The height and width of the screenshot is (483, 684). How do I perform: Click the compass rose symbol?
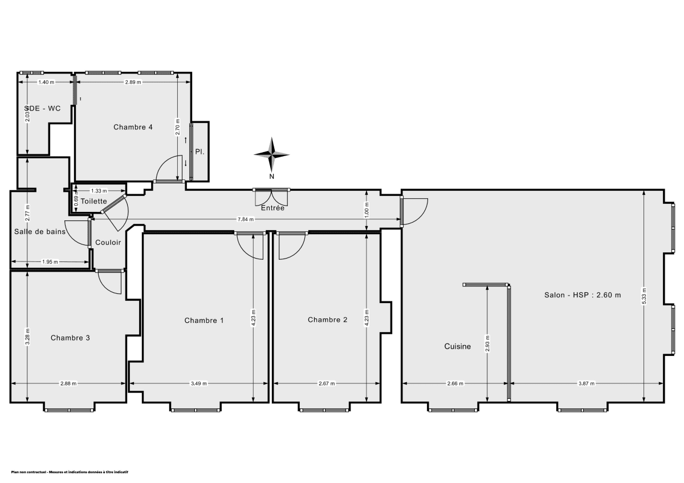(x=272, y=154)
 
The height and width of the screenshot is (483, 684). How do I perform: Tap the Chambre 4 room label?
(x=133, y=127)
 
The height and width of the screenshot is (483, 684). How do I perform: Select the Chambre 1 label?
(x=204, y=321)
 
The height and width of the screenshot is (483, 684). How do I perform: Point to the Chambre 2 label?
(x=327, y=320)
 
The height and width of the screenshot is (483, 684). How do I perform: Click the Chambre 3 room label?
(x=70, y=338)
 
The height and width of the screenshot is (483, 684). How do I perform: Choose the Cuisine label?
(x=458, y=346)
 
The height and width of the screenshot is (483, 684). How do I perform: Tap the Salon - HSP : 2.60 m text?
(x=581, y=295)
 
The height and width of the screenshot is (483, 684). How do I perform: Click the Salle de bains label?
(x=40, y=231)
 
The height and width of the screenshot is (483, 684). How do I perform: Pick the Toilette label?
(x=93, y=201)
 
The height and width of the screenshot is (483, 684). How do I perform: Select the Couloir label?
(x=108, y=242)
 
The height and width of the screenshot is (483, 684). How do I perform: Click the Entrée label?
(x=272, y=208)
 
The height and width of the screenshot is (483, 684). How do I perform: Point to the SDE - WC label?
(x=42, y=108)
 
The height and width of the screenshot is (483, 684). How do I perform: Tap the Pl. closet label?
(x=199, y=152)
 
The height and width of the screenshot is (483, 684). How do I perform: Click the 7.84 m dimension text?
(x=247, y=219)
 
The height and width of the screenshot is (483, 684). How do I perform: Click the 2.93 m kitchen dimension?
(x=487, y=343)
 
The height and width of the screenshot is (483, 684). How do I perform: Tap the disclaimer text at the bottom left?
(x=70, y=472)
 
